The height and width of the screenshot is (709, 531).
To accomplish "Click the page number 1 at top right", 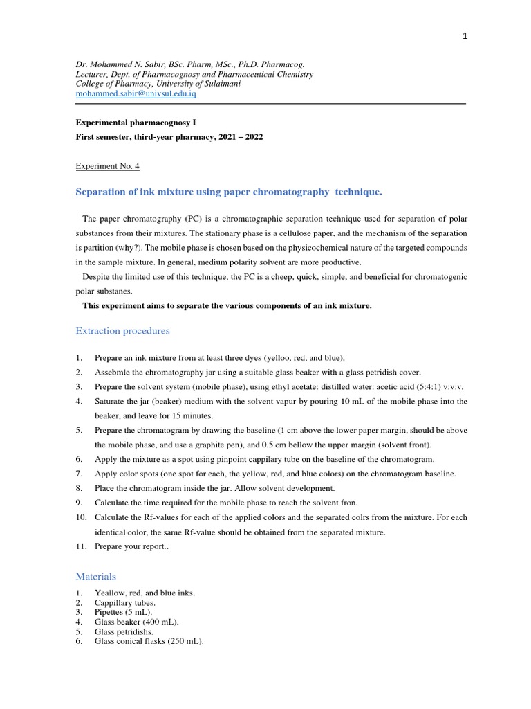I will click(465, 37).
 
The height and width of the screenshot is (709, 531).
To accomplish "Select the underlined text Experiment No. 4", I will click(106, 166).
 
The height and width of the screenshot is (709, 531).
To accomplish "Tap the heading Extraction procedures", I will click(122, 331).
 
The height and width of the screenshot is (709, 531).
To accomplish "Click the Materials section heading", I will click(95, 576).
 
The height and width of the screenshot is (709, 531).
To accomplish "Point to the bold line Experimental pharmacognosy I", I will click(131, 122).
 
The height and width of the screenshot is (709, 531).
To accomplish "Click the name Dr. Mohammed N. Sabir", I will click(122, 64).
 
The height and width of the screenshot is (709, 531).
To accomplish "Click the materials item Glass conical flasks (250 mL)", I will click(149, 641).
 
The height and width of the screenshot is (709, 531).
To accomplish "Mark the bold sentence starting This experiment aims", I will click(227, 305).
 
